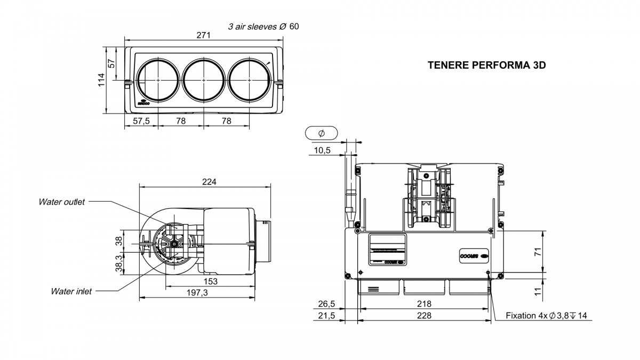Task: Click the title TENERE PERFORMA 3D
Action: pos(487,65)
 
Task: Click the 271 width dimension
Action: pos(203,35)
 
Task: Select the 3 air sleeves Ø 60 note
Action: pos(263,26)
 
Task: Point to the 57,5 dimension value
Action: pos(141,121)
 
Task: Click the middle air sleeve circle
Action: pos(204,79)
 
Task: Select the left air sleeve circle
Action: pos(158,79)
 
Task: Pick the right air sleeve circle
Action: pos(249,79)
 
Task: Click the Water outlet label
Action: pos(61,202)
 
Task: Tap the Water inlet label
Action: pos(71,291)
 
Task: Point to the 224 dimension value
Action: pos(209,182)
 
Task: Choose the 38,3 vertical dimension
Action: pos(118,262)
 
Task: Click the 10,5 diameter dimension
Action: pos(322,150)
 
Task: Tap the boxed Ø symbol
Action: pos(321,133)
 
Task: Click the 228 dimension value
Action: pos(424,315)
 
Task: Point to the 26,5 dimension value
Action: pos(326,303)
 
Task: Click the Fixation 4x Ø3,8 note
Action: pos(546,316)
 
